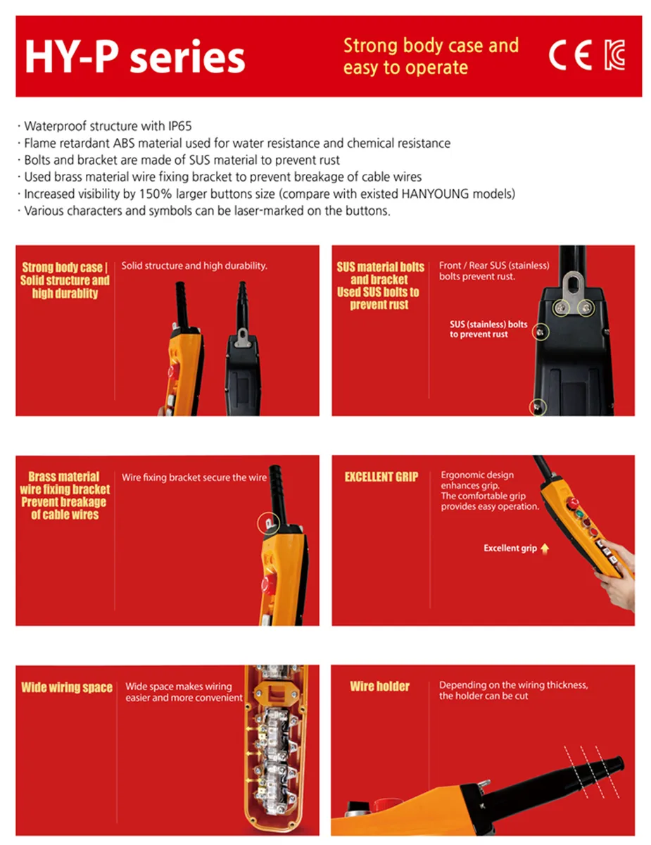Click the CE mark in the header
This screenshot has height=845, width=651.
click(570, 55)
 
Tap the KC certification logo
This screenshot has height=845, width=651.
click(614, 55)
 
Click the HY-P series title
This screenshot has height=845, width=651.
click(135, 57)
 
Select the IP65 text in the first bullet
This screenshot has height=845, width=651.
click(179, 126)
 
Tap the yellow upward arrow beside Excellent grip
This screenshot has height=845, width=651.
click(545, 549)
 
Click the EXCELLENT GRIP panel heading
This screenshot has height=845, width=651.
click(381, 477)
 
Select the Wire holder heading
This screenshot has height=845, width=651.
click(380, 687)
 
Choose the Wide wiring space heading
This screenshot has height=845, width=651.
click(67, 687)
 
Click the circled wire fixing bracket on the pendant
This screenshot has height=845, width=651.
click(269, 523)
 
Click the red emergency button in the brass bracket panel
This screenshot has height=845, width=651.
click(267, 584)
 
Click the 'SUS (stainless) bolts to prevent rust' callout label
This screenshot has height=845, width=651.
click(488, 330)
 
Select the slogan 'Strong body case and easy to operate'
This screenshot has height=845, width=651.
click(431, 56)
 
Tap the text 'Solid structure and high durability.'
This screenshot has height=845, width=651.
click(194, 266)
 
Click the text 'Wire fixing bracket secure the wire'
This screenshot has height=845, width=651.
click(194, 477)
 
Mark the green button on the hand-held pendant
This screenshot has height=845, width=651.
click(580, 514)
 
